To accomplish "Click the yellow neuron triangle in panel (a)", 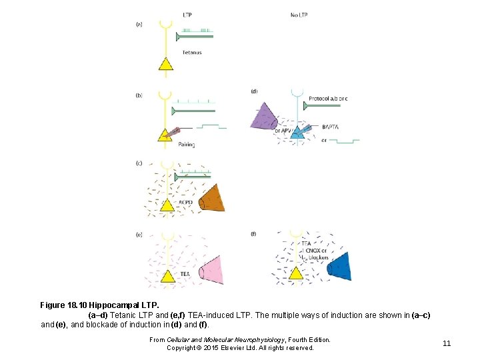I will pyautogui.click(x=165, y=63).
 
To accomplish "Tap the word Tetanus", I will pyautogui.click(x=191, y=52).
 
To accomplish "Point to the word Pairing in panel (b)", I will pyautogui.click(x=186, y=145).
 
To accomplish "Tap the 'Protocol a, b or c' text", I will pyautogui.click(x=328, y=99).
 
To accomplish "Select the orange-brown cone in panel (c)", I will pyautogui.click(x=213, y=199).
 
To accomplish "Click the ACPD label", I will pyautogui.click(x=186, y=201).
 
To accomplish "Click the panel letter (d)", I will pyautogui.click(x=254, y=91).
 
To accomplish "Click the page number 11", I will pyautogui.click(x=447, y=343).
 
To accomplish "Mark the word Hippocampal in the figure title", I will pyautogui.click(x=115, y=305).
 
